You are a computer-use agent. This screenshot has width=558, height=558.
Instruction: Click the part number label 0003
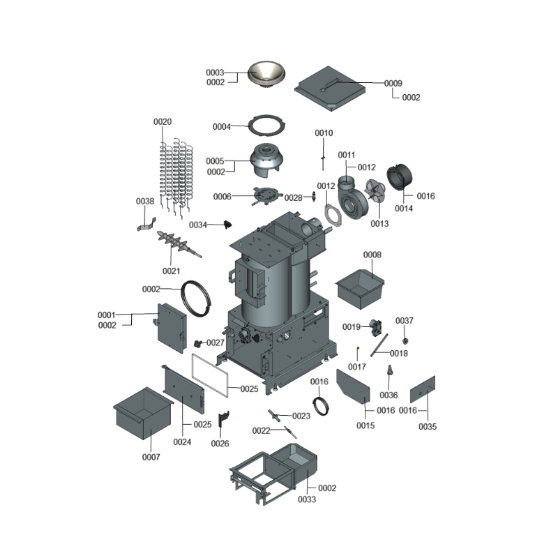pyautogui.click(x=214, y=73)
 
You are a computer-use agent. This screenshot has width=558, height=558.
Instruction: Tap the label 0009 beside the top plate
pyautogui.click(x=393, y=83)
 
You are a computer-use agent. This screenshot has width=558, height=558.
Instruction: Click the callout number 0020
pyautogui.click(x=162, y=122)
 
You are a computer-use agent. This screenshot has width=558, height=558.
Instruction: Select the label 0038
pyautogui.click(x=144, y=202)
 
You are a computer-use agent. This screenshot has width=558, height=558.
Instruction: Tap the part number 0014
pyautogui.click(x=404, y=209)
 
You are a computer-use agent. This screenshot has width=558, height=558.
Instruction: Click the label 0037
pyautogui.click(x=405, y=321)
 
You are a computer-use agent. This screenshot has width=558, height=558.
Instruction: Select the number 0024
pyautogui.click(x=182, y=442)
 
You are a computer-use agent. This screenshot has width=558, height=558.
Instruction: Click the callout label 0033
pyautogui.click(x=306, y=499)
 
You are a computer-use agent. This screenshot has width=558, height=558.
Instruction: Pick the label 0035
pyautogui.click(x=428, y=426)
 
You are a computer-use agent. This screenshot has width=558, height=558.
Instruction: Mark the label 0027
pyautogui.click(x=215, y=342)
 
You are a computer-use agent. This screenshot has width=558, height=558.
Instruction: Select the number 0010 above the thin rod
pyautogui.click(x=324, y=133)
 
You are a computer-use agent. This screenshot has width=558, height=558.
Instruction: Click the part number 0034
pyautogui.click(x=198, y=225)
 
